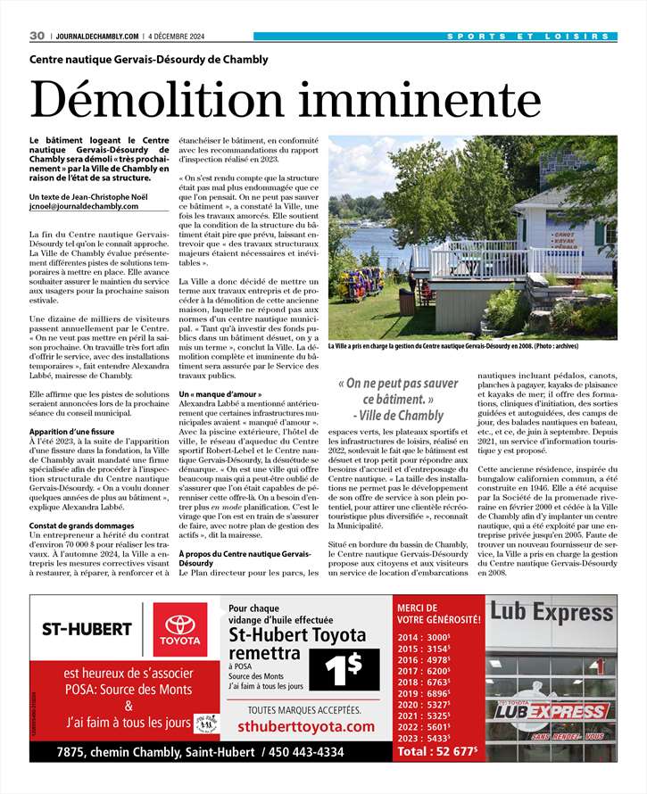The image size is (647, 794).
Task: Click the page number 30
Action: [37, 36]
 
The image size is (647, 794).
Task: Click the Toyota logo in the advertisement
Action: [181, 628]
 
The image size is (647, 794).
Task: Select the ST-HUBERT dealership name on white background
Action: [87, 629]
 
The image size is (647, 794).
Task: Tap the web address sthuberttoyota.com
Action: [306, 727]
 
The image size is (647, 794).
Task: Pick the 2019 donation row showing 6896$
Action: [425, 692]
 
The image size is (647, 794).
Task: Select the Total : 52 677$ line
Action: [438, 751]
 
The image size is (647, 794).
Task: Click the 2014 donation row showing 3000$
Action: [425, 637]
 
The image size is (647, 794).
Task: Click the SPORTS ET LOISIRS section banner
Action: [530, 36]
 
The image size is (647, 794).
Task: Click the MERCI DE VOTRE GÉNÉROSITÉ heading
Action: [438, 613]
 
